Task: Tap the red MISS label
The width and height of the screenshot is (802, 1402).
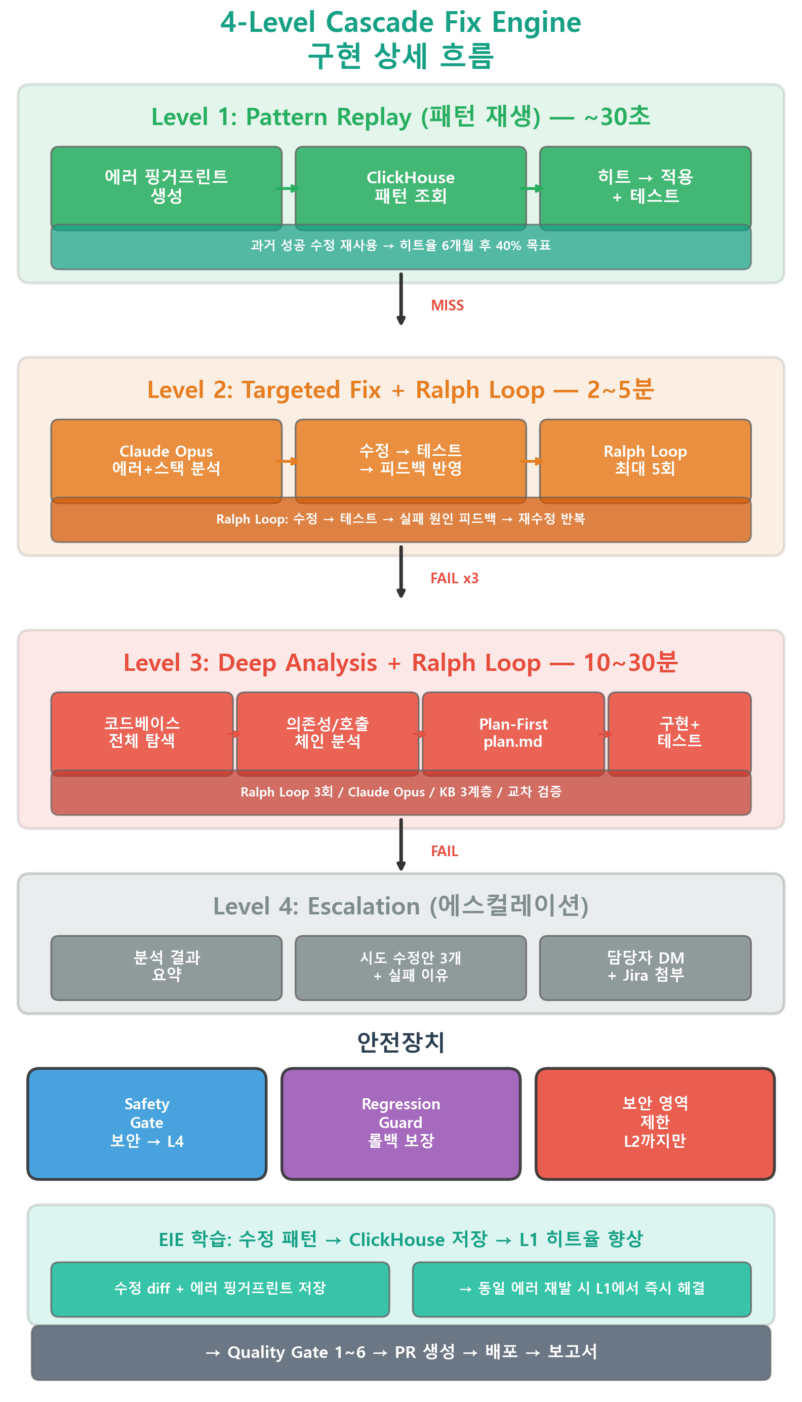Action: (x=447, y=306)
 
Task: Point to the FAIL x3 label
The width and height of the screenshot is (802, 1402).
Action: (x=455, y=578)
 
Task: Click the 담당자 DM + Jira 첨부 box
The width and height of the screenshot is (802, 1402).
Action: (x=645, y=968)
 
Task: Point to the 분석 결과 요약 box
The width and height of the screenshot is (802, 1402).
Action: (x=167, y=968)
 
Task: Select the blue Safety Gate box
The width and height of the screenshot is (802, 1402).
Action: (x=146, y=1124)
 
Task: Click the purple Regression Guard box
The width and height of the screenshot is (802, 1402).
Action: (x=401, y=1124)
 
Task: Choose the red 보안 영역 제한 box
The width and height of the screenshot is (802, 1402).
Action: (x=655, y=1124)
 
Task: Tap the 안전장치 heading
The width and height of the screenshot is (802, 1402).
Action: (x=401, y=1042)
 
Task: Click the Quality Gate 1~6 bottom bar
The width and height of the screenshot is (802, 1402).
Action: (x=401, y=1352)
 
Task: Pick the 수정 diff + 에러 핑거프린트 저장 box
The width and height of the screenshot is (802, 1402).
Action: (x=220, y=1289)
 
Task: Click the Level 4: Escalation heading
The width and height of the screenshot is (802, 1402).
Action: (x=401, y=906)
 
